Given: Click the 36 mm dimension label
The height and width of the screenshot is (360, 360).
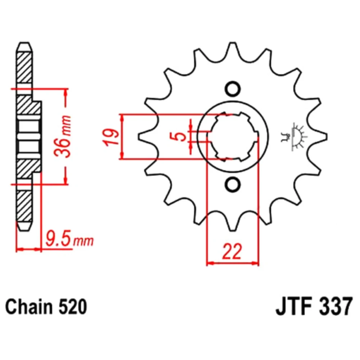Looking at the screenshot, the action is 63,136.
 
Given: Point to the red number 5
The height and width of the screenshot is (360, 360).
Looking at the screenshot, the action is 180,136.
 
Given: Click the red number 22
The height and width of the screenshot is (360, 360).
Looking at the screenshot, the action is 232,251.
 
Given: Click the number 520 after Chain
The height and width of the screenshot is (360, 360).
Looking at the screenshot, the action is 73,307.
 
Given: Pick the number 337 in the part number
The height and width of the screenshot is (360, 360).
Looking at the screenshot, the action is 336,307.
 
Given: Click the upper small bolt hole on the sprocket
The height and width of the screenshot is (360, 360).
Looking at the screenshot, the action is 233,89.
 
